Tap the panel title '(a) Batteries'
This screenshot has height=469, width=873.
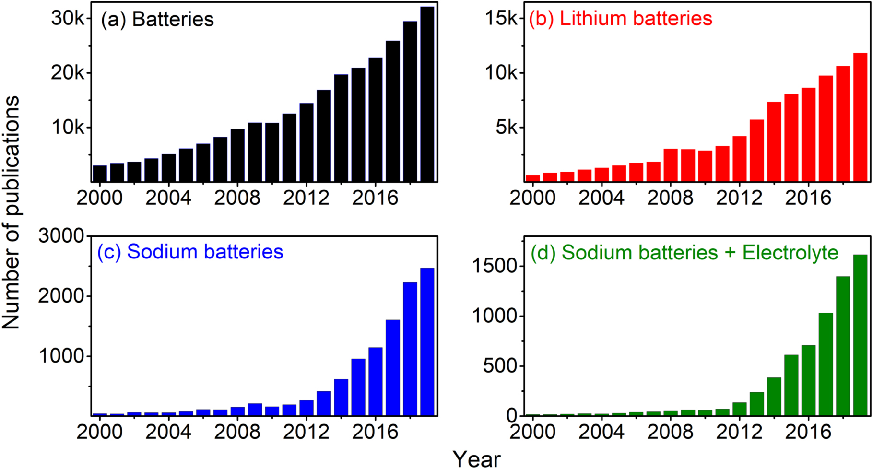click(x=157, y=20)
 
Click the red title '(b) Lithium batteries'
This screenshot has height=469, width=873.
click(x=620, y=19)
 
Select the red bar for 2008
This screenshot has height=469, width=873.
click(x=671, y=165)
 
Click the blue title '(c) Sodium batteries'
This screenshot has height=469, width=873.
click(x=190, y=252)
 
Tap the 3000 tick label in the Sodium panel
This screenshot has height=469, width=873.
click(x=61, y=236)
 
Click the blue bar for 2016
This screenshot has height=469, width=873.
click(x=375, y=381)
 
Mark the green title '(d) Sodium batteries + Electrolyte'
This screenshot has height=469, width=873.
click(x=684, y=253)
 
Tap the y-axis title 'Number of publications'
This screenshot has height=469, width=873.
click(x=11, y=212)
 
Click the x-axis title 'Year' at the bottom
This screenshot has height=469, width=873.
click(x=476, y=459)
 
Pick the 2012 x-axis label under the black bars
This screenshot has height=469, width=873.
click(x=306, y=198)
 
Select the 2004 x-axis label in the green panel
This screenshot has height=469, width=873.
click(x=601, y=432)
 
